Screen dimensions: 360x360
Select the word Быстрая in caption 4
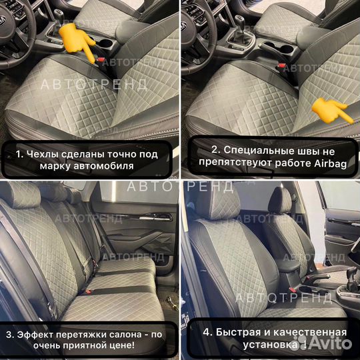coord(243,331)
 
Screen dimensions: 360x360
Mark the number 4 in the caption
coord(208,331)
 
